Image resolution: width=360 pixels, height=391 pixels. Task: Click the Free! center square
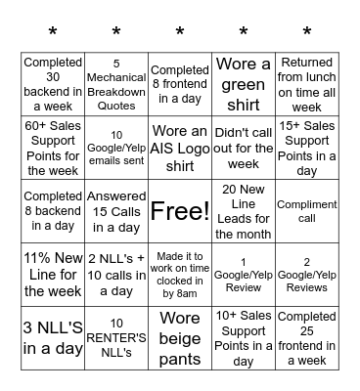click(x=180, y=211)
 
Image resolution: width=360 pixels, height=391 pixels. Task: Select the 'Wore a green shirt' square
click(x=244, y=85)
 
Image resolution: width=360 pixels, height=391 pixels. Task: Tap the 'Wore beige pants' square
click(x=180, y=338)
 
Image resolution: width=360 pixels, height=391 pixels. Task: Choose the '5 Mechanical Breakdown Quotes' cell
click(x=116, y=85)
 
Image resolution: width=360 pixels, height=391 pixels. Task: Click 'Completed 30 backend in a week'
click(x=53, y=85)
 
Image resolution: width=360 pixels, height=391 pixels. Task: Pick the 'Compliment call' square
click(x=307, y=211)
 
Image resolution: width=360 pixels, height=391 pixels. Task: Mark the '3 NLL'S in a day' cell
click(x=53, y=338)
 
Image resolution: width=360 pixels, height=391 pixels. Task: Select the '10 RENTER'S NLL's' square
click(x=116, y=338)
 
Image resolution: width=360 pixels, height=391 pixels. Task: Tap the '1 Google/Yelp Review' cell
click(x=244, y=275)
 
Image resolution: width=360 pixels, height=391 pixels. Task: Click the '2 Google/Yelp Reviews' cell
click(x=307, y=275)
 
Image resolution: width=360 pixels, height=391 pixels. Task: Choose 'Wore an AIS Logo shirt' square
click(x=180, y=148)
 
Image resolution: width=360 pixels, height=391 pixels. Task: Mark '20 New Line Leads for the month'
click(x=244, y=211)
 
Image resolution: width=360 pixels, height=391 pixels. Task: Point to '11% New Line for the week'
click(x=53, y=275)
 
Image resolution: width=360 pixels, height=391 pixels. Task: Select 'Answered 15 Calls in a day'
click(x=116, y=211)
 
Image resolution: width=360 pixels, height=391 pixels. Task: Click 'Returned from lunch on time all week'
click(x=307, y=85)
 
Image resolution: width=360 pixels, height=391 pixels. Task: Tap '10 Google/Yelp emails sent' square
click(x=116, y=148)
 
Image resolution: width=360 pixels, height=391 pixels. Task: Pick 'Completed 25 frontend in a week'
click(x=307, y=338)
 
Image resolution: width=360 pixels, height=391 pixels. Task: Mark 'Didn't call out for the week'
click(x=244, y=148)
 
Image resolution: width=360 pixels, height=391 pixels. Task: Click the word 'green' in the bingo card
click(x=244, y=85)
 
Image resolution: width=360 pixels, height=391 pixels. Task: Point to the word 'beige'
click(x=180, y=338)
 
